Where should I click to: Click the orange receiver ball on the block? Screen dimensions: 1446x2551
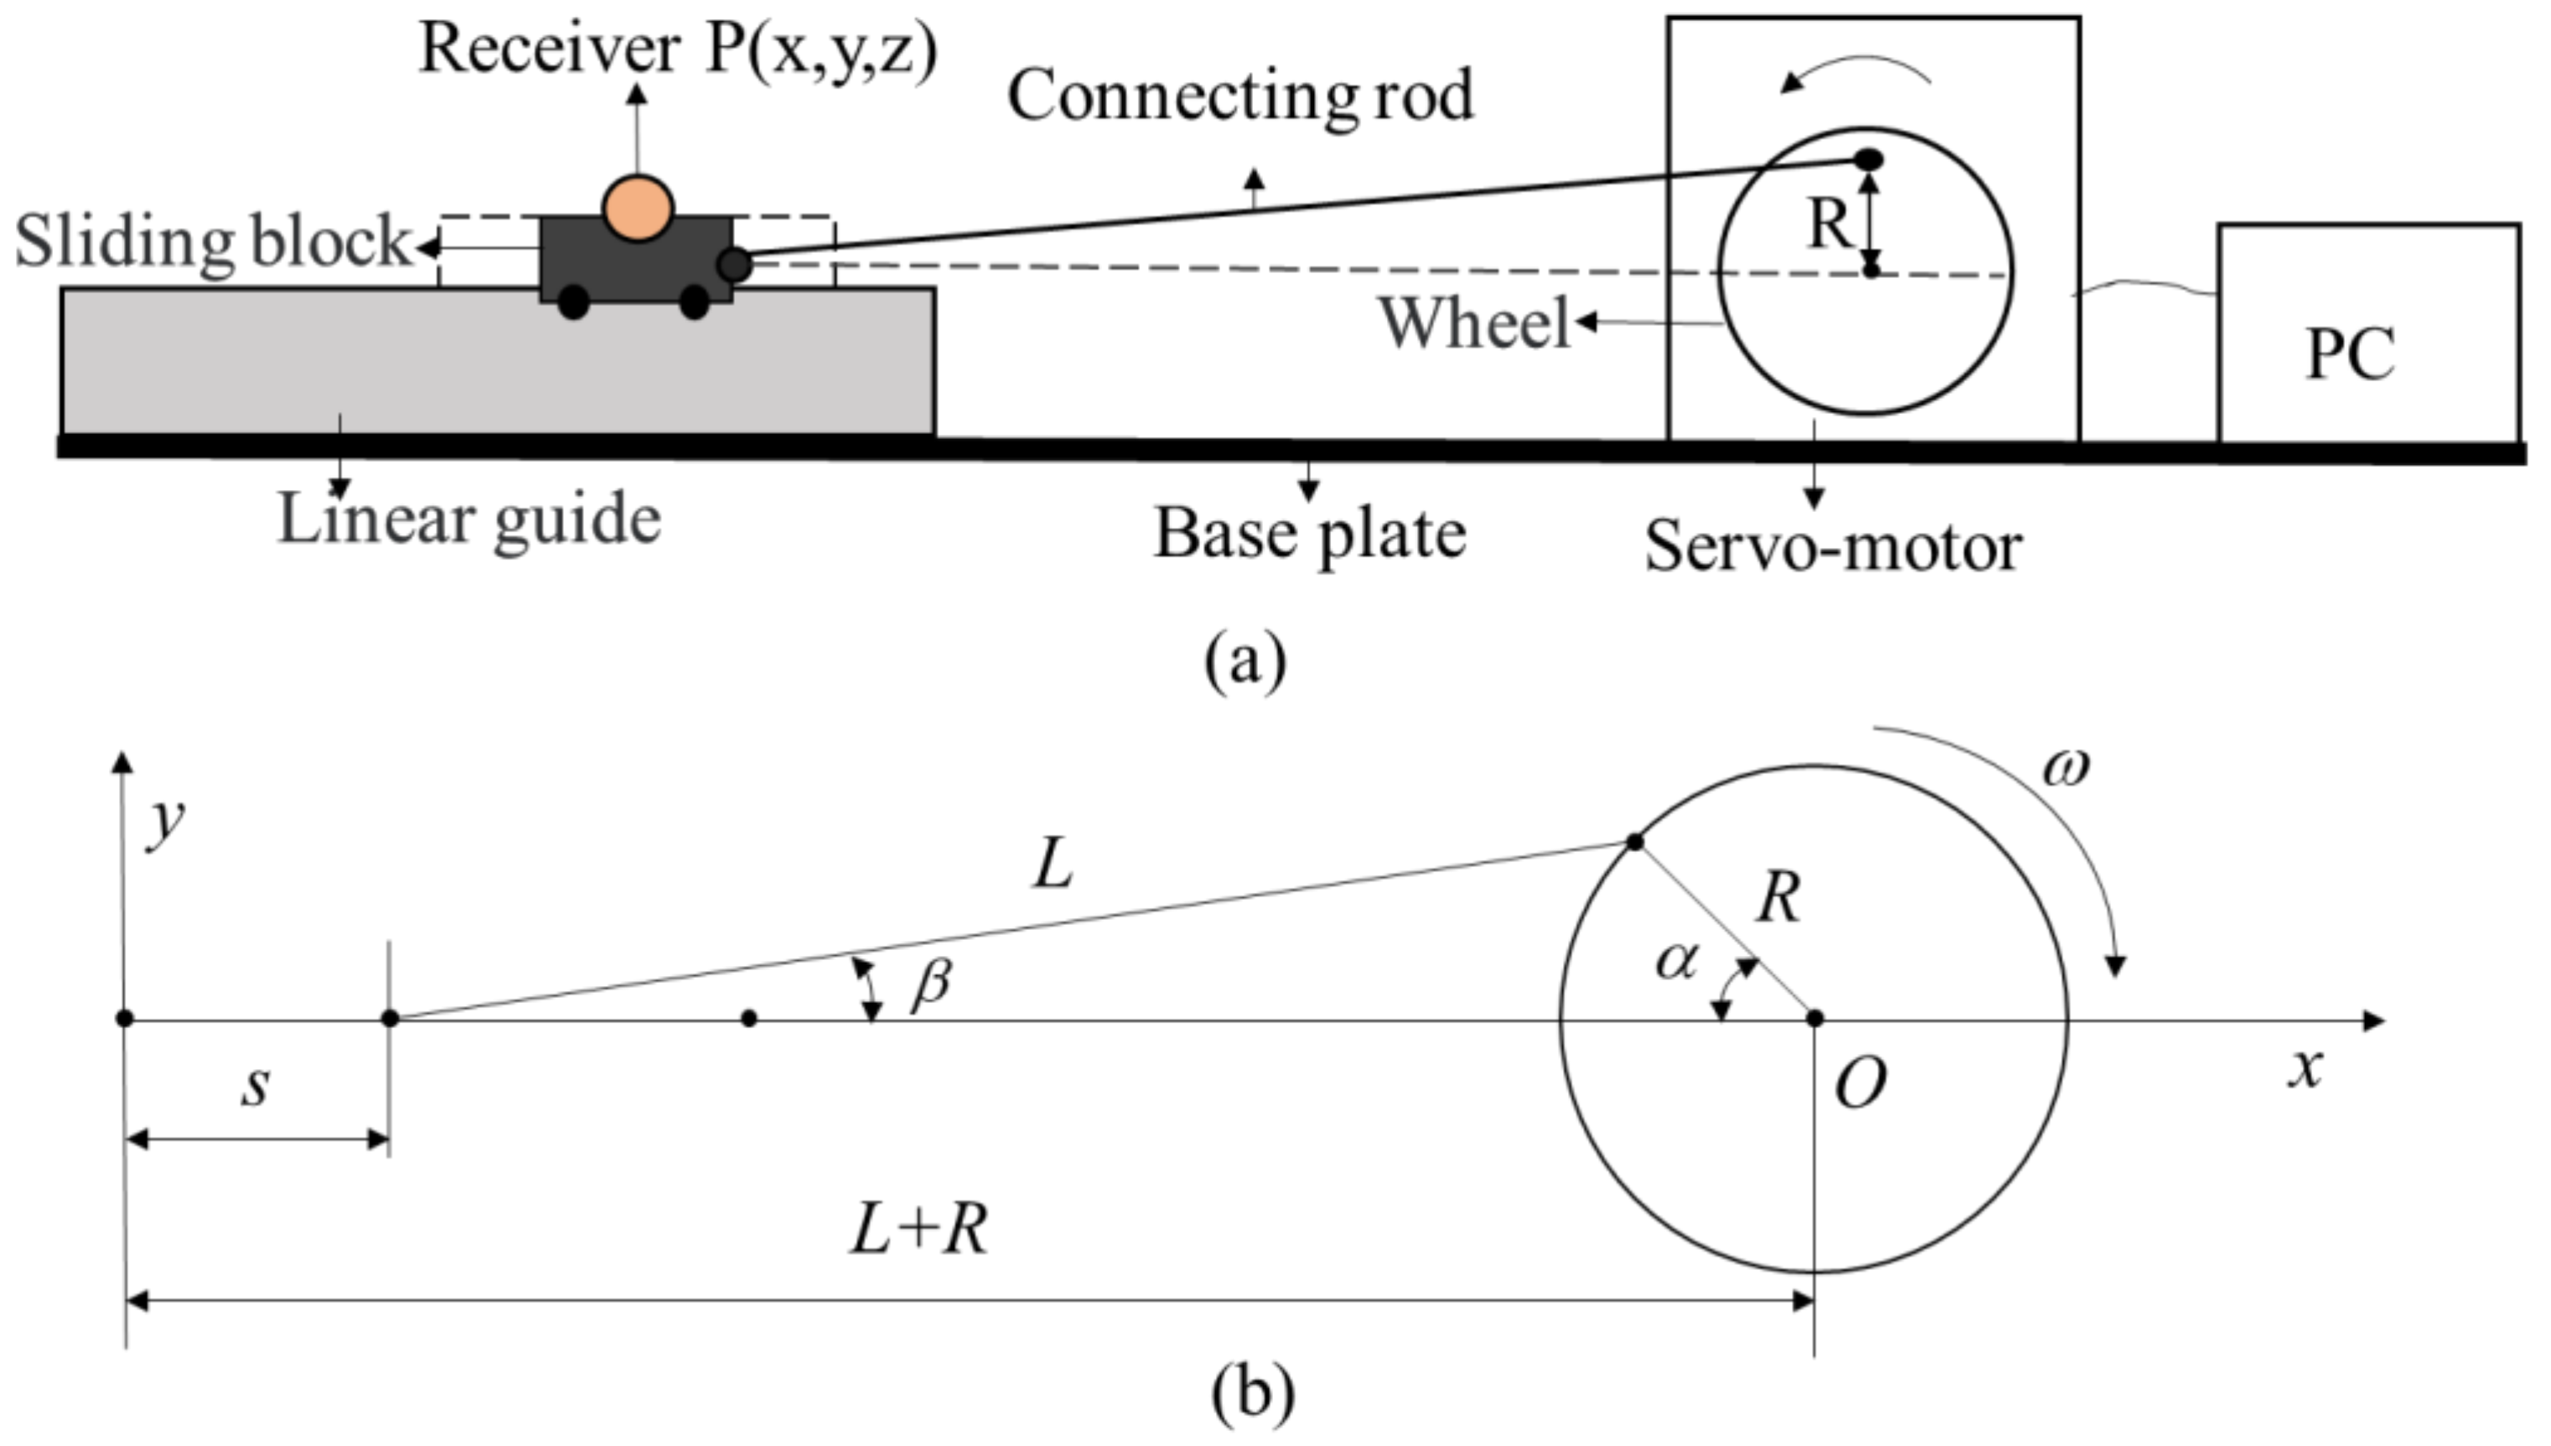pyautogui.click(x=638, y=209)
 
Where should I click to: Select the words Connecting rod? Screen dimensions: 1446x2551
pyautogui.click(x=1239, y=96)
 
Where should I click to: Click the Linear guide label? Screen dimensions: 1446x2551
pyautogui.click(x=468, y=519)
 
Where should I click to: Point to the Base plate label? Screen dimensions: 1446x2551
pyautogui.click(x=1308, y=535)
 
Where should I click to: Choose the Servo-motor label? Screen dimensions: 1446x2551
pyautogui.click(x=1833, y=546)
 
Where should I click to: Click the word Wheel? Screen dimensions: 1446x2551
pyautogui.click(x=1474, y=323)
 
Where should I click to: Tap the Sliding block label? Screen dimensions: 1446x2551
pyautogui.click(x=213, y=241)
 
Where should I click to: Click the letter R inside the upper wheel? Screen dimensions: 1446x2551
pyautogui.click(x=1828, y=225)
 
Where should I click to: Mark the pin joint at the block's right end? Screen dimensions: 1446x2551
pyautogui.click(x=734, y=264)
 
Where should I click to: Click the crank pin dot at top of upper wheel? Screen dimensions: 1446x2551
pyautogui.click(x=1869, y=159)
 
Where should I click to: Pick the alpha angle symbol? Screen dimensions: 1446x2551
pyautogui.click(x=1677, y=962)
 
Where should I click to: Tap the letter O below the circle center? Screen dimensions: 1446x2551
pyautogui.click(x=1860, y=1082)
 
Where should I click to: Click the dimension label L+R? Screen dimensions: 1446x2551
pyautogui.click(x=918, y=1232)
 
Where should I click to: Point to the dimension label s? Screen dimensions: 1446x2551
pyautogui.click(x=256, y=1086)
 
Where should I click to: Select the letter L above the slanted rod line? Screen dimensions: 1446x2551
pyautogui.click(x=1053, y=864)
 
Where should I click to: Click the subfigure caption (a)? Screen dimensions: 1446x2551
pyautogui.click(x=1244, y=659)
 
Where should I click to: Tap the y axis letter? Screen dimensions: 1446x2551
pyautogui.click(x=165, y=823)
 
